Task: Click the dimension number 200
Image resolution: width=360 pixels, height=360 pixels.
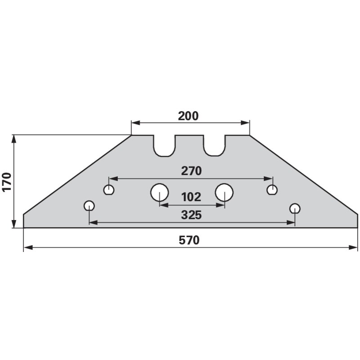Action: coord(188,116)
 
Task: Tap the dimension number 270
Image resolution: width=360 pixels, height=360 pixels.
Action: coord(191,171)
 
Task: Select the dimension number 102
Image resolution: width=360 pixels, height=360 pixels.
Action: coord(191,197)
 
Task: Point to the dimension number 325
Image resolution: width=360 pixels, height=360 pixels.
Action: coord(191,215)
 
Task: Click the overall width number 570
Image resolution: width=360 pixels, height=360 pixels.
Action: coord(189,240)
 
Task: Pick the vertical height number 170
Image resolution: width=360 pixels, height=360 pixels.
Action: coord(7,182)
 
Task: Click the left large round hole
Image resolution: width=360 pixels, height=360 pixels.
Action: coord(159,193)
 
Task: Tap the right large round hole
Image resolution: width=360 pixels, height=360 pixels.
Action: coord(224,193)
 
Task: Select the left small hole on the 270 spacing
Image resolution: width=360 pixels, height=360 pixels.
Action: coord(109,190)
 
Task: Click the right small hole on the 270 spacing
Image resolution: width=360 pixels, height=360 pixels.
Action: coord(272,190)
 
